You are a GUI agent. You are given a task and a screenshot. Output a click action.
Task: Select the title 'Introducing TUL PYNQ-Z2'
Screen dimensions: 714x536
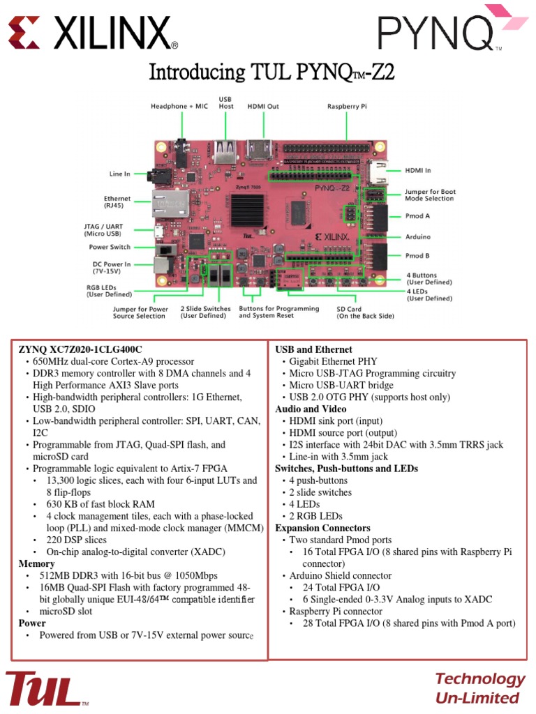(x=273, y=73)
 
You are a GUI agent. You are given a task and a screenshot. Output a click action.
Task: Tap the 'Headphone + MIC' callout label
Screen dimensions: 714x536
(x=181, y=106)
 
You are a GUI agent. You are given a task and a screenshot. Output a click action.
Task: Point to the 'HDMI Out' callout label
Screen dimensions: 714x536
(x=263, y=106)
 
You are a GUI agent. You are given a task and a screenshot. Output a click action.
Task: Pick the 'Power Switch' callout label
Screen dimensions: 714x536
(x=110, y=247)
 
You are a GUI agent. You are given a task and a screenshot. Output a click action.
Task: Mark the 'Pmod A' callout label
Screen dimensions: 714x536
(x=418, y=216)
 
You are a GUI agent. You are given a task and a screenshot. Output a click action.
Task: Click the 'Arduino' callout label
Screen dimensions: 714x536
(x=418, y=236)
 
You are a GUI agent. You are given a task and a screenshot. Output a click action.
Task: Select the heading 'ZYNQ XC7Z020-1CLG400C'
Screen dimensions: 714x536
(x=85, y=349)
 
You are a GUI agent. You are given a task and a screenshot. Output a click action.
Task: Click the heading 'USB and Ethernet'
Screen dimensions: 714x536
(x=313, y=349)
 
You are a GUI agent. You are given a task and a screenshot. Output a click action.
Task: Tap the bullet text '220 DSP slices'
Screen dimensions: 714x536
(x=77, y=540)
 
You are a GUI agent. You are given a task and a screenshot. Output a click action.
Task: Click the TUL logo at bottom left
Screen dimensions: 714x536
(x=45, y=688)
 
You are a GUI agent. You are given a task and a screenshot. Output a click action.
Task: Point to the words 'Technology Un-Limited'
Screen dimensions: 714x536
(x=479, y=688)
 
